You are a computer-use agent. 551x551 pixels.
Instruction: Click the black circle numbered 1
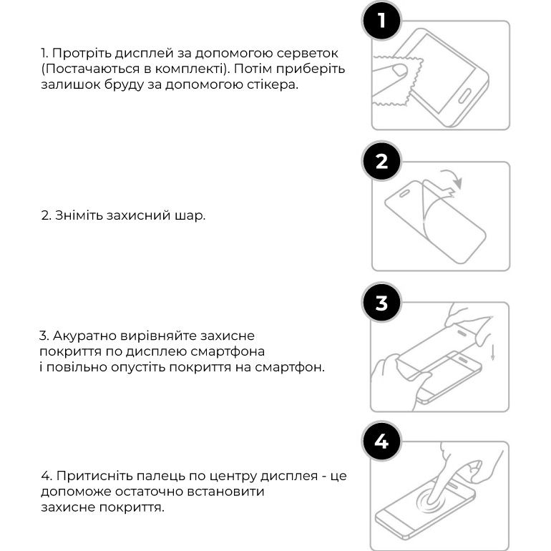(381, 21)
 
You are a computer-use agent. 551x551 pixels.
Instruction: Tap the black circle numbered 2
(381, 161)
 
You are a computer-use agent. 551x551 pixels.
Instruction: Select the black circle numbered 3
(381, 302)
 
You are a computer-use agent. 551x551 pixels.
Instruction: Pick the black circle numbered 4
(381, 441)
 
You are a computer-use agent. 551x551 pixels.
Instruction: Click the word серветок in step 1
(307, 54)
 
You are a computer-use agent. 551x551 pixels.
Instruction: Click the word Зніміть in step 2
(79, 215)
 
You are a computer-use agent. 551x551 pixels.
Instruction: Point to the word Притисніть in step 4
(94, 476)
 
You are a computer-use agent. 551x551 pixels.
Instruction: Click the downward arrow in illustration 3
(492, 353)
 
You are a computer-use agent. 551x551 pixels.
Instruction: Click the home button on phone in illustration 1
(464, 96)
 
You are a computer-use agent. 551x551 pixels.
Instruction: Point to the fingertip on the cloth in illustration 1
(399, 69)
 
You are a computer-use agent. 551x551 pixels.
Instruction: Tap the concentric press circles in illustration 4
(431, 499)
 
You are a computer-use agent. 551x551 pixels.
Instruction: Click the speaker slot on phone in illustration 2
(405, 193)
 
